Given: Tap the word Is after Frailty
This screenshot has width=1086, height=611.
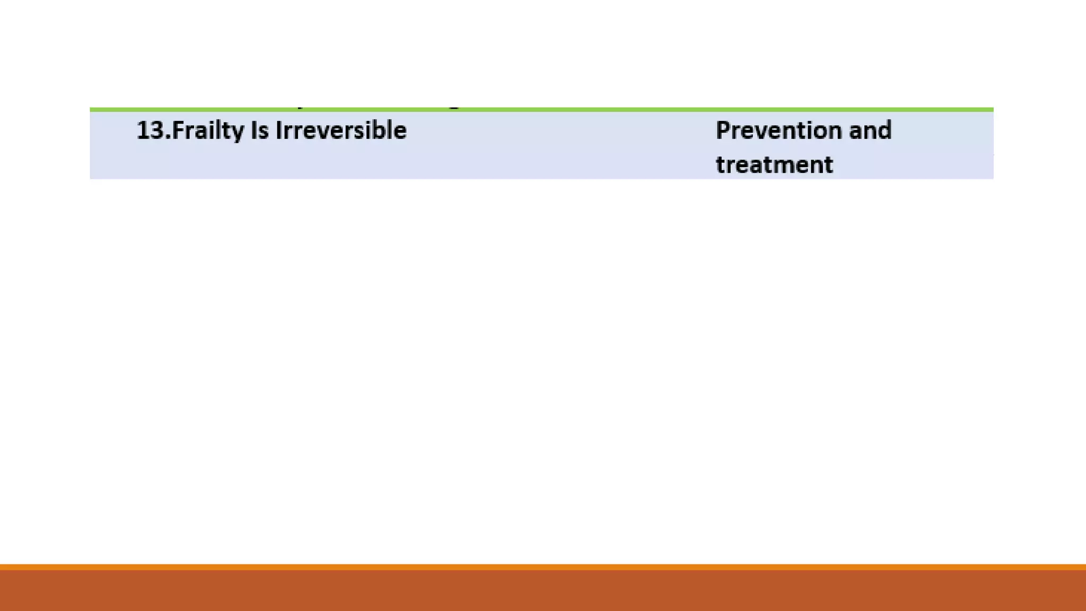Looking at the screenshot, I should (x=259, y=130).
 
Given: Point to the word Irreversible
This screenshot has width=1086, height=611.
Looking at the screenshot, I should (x=341, y=130).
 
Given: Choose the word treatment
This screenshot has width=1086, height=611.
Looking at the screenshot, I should (x=774, y=164).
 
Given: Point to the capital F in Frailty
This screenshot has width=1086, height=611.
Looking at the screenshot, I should (x=177, y=130).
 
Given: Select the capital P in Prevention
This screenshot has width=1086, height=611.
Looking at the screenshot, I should (x=722, y=130).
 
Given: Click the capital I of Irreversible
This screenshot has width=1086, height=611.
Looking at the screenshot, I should (x=278, y=130).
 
